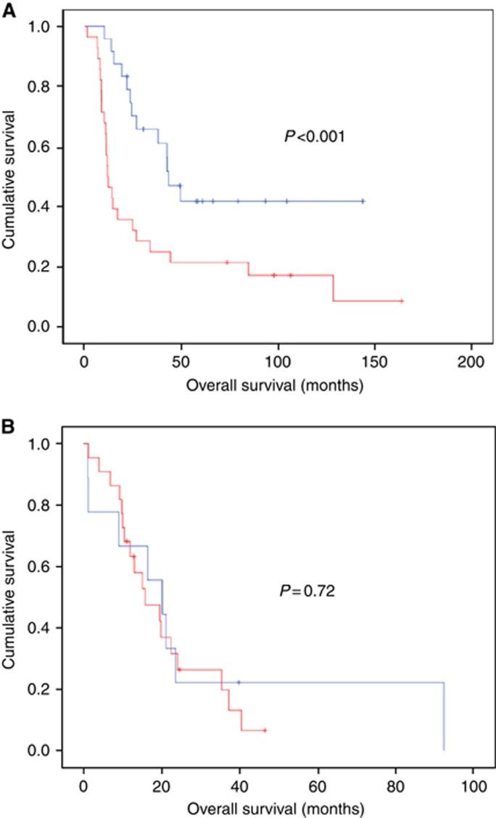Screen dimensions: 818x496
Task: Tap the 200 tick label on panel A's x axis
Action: pyautogui.click(x=471, y=361)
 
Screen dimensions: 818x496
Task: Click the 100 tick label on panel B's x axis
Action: pyautogui.click(x=473, y=785)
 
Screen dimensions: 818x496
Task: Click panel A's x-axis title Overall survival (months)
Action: pyautogui.click(x=275, y=386)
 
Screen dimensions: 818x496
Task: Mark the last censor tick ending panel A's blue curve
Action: pyautogui.click(x=363, y=201)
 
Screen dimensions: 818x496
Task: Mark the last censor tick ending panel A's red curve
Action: pyautogui.click(x=402, y=300)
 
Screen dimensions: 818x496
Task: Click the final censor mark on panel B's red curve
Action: pyautogui.click(x=265, y=730)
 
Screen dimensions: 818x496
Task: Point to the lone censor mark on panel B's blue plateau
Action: pyautogui.click(x=239, y=682)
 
